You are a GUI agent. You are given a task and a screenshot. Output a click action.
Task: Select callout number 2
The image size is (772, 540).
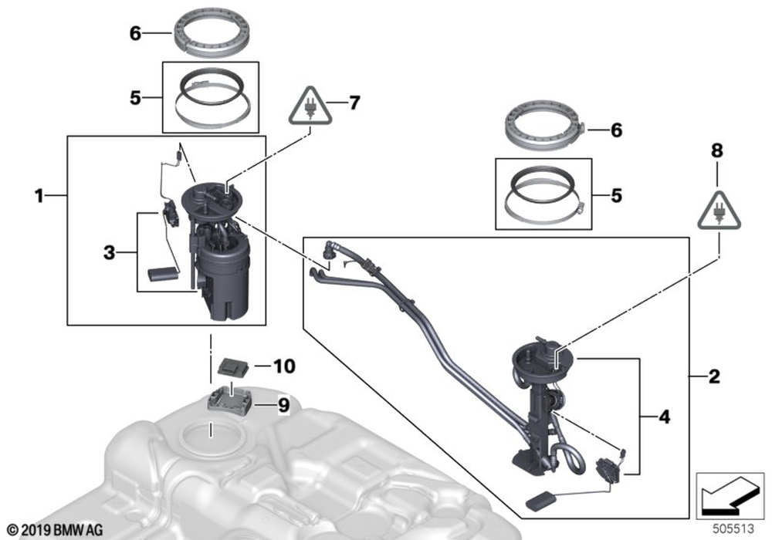(x=714, y=377)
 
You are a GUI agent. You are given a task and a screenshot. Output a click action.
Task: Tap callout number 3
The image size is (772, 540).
(x=110, y=251)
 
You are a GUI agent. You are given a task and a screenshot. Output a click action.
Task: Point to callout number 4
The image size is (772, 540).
(x=664, y=418)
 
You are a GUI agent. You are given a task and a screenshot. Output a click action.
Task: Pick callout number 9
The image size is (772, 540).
(x=283, y=405)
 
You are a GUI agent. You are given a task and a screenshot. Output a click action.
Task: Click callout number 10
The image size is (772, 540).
(x=284, y=366)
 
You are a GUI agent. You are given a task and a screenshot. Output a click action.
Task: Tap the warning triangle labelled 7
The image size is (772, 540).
(x=310, y=110)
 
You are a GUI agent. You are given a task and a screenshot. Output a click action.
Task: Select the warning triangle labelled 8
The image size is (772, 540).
(x=717, y=207)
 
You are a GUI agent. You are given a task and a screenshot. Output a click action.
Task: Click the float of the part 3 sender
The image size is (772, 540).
(x=161, y=273)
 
